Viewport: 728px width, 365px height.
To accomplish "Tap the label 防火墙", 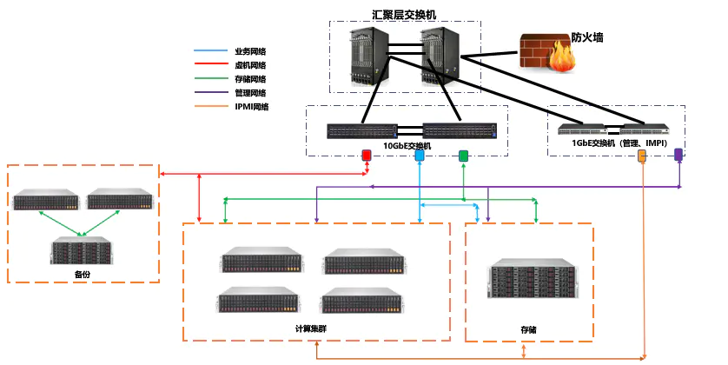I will [x=587, y=38].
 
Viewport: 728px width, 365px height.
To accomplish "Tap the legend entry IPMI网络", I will [x=251, y=107].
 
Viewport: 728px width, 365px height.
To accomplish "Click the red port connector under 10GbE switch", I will [x=367, y=156].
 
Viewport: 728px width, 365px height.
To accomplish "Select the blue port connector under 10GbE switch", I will [x=420, y=156].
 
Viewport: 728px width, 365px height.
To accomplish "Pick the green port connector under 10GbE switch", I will [x=464, y=156].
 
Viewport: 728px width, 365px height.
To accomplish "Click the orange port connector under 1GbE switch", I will [x=643, y=156].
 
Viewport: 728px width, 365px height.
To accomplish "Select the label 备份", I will [x=83, y=275].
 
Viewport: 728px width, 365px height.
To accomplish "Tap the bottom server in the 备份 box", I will [x=83, y=250].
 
